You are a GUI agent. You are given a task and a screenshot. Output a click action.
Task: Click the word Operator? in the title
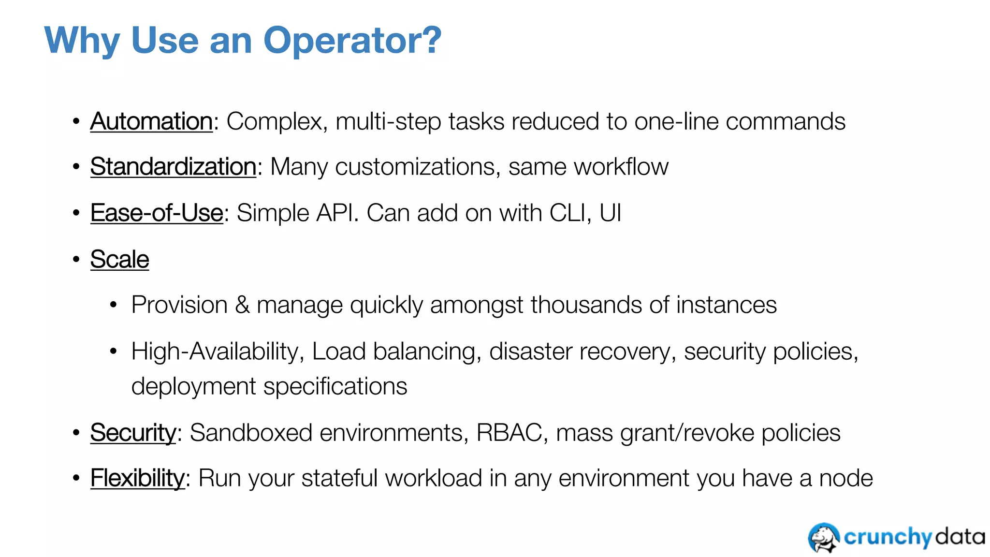click(352, 41)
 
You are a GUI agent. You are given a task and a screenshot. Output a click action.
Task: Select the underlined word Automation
click(151, 121)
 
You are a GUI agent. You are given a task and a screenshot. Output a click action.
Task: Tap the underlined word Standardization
click(173, 167)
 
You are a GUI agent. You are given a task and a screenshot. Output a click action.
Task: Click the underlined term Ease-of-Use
click(157, 213)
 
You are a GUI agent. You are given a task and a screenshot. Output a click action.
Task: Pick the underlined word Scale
click(119, 260)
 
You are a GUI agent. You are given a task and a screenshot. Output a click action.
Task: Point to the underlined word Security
click(133, 433)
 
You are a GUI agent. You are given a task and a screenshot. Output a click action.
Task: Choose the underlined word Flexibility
click(137, 479)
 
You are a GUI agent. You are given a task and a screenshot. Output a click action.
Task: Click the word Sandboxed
click(251, 433)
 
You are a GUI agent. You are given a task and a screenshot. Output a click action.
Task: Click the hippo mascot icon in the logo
click(824, 538)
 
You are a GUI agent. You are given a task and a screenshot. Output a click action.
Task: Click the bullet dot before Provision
click(113, 306)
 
